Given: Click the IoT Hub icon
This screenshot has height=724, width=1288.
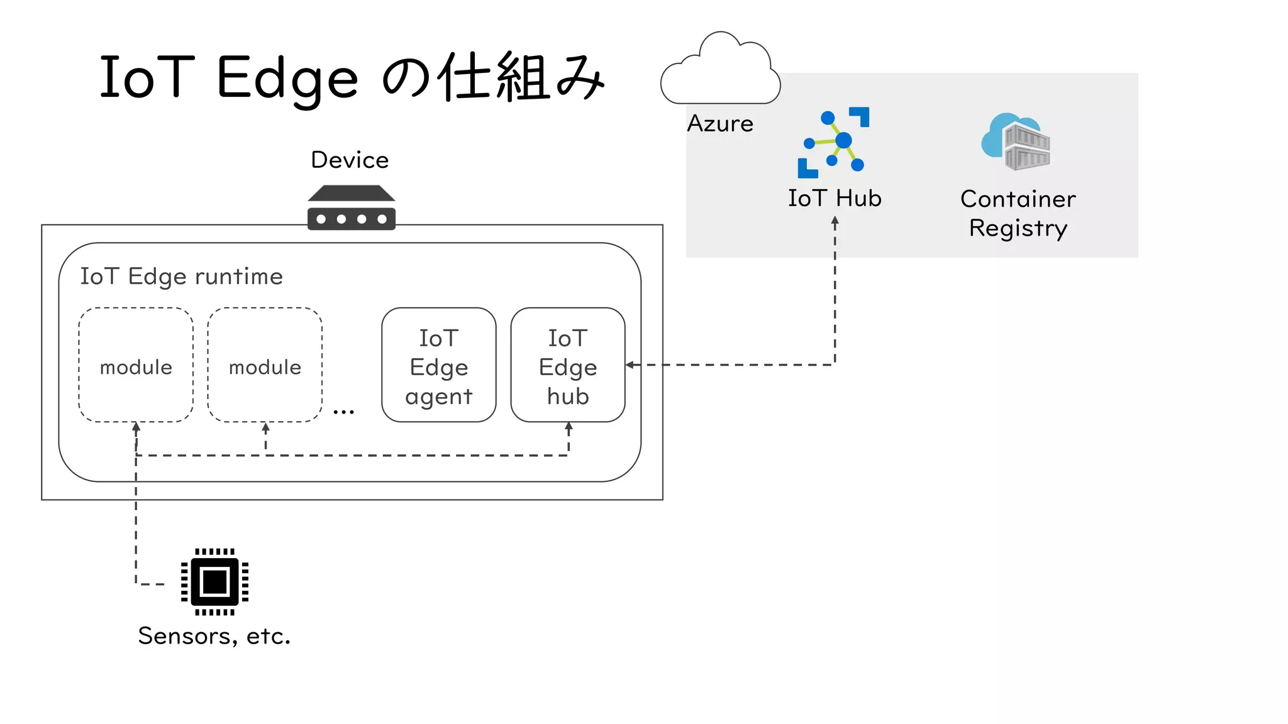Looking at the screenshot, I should coord(834,143).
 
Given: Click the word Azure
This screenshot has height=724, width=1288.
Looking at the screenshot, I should coord(720,124).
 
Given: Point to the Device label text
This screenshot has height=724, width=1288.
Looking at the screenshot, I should coord(350,160).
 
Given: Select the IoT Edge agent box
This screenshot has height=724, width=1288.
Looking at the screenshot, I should coord(439,365).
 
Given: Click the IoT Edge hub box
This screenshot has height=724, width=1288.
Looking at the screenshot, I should coord(568,365).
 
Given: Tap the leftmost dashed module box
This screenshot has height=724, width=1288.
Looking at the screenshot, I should coord(136,365).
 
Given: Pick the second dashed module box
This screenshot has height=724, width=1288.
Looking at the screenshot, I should coord(265,365).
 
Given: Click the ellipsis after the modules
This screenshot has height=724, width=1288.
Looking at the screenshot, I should coord(344,412).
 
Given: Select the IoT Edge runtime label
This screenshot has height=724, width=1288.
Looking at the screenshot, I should coord(181,277).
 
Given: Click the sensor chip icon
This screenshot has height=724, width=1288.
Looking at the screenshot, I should coord(214,582).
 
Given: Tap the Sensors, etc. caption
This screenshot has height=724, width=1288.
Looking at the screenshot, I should coord(214,636).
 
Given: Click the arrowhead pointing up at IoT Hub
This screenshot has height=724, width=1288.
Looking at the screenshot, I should coord(835,221).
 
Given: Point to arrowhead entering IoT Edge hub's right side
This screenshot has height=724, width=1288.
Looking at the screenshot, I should coord(630,365).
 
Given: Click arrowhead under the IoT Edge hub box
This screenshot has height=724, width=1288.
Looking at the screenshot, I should coord(569,427).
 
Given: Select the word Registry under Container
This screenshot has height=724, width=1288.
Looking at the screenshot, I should coord(1018,228).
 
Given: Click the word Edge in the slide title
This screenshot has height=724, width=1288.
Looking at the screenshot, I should coord(287,79).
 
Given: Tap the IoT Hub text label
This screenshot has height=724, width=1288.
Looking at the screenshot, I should coord(835,199).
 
